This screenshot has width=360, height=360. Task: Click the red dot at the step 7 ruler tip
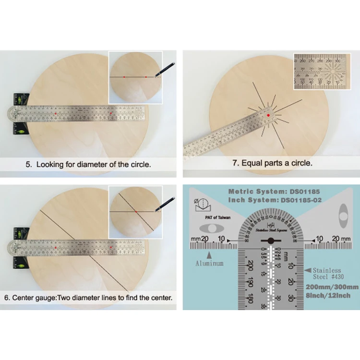[268, 115]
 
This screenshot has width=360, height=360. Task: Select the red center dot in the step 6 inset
[136, 212]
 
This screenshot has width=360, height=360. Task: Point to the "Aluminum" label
[209, 264]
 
